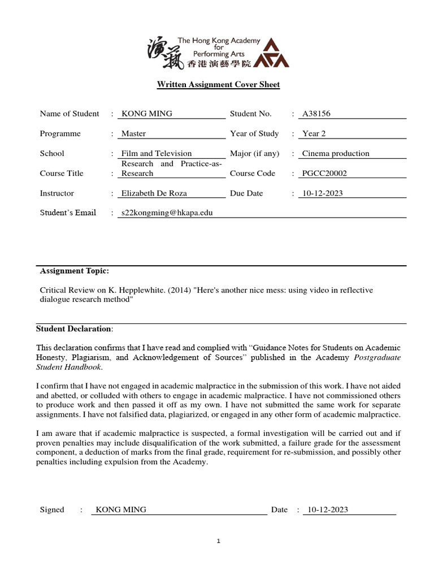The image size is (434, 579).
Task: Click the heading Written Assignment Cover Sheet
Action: click(x=218, y=85)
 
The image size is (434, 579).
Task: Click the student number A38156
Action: click(x=316, y=114)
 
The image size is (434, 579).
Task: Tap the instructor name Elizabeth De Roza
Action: click(x=154, y=193)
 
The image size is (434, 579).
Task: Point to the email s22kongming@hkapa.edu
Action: click(x=167, y=213)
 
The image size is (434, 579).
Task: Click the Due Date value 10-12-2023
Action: click(x=323, y=193)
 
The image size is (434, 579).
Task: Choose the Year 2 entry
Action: click(x=314, y=134)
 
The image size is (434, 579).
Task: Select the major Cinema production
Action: click(x=336, y=154)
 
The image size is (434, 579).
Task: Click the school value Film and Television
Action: click(x=157, y=154)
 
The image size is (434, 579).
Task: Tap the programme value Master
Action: click(x=134, y=134)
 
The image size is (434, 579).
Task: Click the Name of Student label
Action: click(x=70, y=114)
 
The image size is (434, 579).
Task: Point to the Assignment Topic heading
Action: click(x=75, y=271)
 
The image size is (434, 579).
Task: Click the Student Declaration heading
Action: click(x=74, y=329)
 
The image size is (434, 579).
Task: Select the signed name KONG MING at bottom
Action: click(x=121, y=510)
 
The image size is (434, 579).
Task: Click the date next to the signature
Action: click(x=328, y=510)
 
